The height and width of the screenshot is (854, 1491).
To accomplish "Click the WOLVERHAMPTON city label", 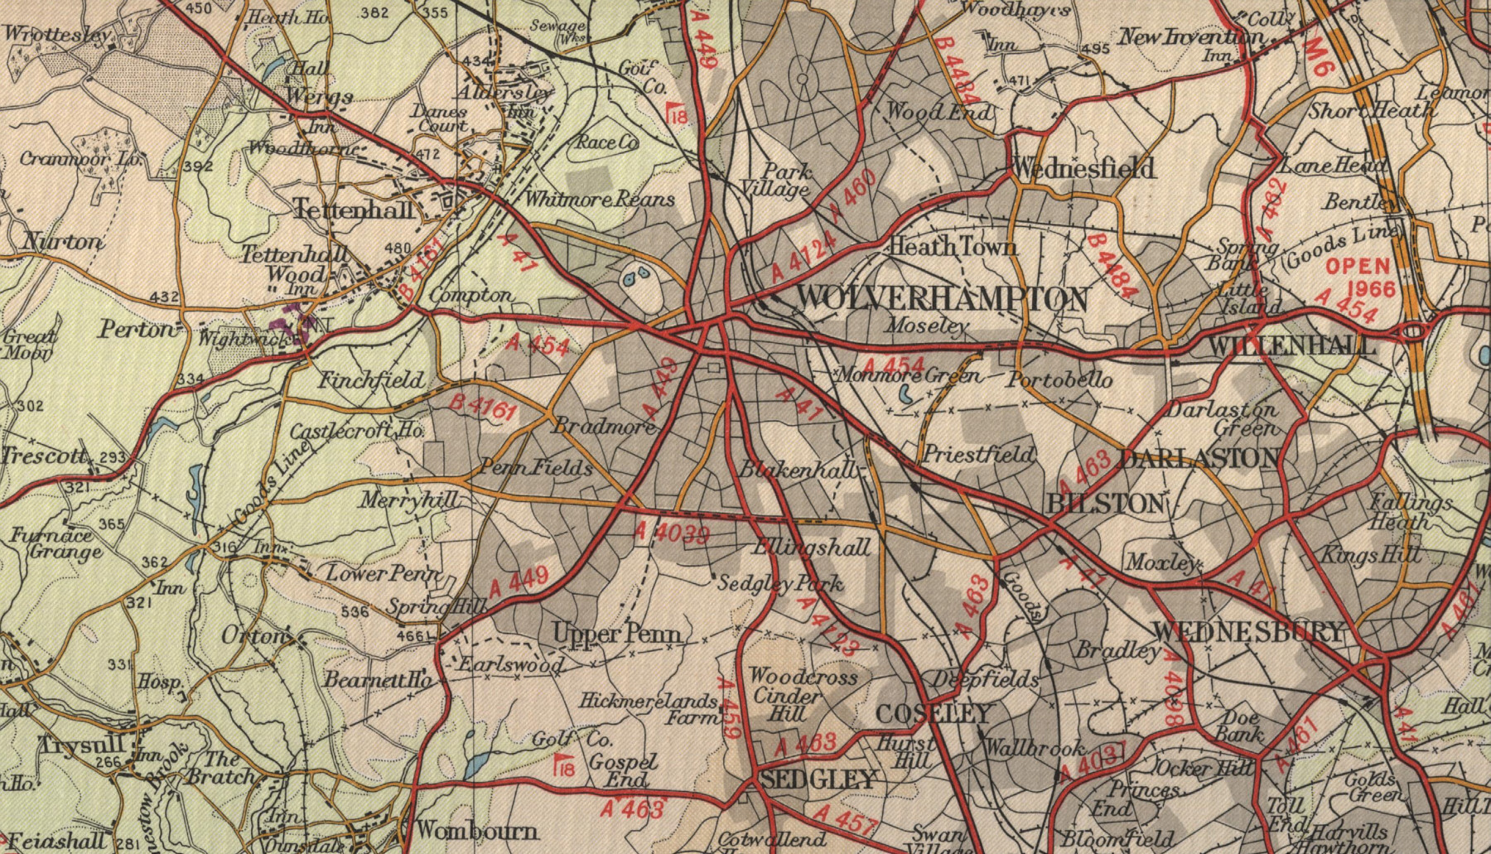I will (943, 299).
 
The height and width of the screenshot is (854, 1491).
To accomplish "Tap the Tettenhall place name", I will (354, 210).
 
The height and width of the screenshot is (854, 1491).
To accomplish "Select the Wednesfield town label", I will (1083, 169).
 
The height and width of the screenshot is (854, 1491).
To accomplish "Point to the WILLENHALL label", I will (1292, 346).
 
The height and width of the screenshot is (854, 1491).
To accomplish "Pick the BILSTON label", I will (1105, 504).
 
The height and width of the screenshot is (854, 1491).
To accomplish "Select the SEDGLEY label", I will (818, 779).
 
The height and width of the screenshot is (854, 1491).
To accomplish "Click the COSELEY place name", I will (934, 713).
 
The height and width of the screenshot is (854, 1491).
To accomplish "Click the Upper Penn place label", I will (618, 635).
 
